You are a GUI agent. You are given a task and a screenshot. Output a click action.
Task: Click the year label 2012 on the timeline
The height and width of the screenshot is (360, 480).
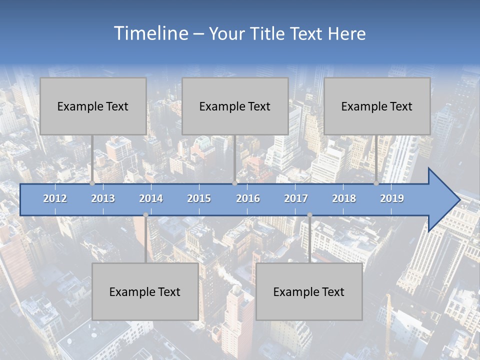(55, 198)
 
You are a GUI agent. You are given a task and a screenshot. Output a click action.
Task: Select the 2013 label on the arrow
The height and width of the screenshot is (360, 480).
(103, 198)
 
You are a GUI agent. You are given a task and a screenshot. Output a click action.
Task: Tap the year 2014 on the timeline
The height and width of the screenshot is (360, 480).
(151, 198)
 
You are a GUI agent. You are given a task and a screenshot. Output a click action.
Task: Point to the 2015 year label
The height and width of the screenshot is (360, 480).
(199, 198)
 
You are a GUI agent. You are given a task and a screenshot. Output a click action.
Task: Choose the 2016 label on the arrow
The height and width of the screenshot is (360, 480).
(248, 198)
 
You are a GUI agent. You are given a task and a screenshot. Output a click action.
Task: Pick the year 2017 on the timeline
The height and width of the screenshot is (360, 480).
(296, 198)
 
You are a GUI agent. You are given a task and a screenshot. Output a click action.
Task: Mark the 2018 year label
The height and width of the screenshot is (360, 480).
(344, 198)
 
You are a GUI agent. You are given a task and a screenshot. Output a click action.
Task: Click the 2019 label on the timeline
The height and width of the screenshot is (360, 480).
(392, 198)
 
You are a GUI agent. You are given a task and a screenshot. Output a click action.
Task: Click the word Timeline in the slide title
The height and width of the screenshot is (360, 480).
(150, 33)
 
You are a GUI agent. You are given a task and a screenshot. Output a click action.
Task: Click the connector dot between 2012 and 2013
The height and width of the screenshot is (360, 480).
(92, 183)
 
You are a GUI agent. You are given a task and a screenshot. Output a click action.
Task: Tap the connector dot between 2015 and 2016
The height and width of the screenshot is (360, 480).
(235, 183)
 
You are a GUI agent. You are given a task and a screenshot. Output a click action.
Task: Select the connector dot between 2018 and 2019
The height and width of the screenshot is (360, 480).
(376, 183)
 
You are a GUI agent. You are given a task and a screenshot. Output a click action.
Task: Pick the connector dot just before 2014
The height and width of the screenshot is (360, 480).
(145, 215)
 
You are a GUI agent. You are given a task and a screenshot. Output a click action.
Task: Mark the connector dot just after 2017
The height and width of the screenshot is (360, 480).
(309, 215)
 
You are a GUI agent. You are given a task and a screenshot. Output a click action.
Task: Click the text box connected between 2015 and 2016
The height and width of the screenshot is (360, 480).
(235, 106)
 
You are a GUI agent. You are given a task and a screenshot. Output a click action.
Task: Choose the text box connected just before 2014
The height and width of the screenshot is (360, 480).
(145, 291)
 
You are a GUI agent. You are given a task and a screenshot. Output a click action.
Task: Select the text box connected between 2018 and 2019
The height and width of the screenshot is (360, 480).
(377, 106)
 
